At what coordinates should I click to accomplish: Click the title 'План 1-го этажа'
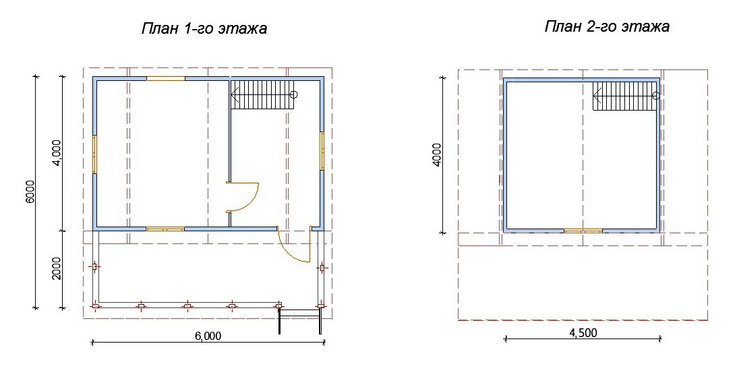(x=204, y=29)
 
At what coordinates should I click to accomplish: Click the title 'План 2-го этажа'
(x=607, y=26)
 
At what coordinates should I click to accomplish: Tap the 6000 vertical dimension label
(x=30, y=191)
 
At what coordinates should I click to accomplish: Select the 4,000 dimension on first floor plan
(x=57, y=153)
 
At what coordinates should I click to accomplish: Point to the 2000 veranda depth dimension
(x=57, y=268)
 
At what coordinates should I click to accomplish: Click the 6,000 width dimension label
(x=208, y=336)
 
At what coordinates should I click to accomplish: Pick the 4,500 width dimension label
(x=583, y=332)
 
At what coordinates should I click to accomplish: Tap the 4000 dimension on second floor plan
(x=437, y=155)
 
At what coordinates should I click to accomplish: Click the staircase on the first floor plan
(x=264, y=94)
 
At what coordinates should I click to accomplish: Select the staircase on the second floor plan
(x=626, y=96)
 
